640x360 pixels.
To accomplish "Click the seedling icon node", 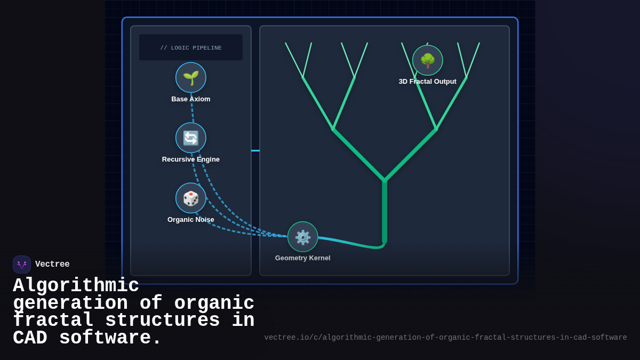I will tap(191, 77).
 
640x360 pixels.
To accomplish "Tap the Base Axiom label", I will tap(191, 99).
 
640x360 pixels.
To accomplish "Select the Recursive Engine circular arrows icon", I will tap(191, 138).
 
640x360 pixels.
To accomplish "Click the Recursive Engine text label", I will tap(191, 159).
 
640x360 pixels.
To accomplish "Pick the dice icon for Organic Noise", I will tap(191, 198).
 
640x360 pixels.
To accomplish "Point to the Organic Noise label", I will tap(191, 220).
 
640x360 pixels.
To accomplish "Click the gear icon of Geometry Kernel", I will tap(303, 237).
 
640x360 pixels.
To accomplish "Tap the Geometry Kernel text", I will tap(303, 258).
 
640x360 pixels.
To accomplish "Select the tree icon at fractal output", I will tap(428, 60).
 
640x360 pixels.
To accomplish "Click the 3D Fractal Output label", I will tap(428, 82).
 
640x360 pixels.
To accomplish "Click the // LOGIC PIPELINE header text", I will tap(191, 48).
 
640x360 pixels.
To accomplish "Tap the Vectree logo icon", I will tap(22, 265).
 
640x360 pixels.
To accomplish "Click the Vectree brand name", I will tap(52, 265).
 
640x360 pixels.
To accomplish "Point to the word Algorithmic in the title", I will tap(76, 286).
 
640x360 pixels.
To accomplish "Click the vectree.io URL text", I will tap(445, 338).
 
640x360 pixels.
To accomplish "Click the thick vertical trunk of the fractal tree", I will tap(385, 213).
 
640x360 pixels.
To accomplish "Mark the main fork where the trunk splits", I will tap(385, 180).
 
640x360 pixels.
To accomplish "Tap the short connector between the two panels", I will tap(255, 150).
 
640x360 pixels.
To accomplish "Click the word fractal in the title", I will tap(53, 321).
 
